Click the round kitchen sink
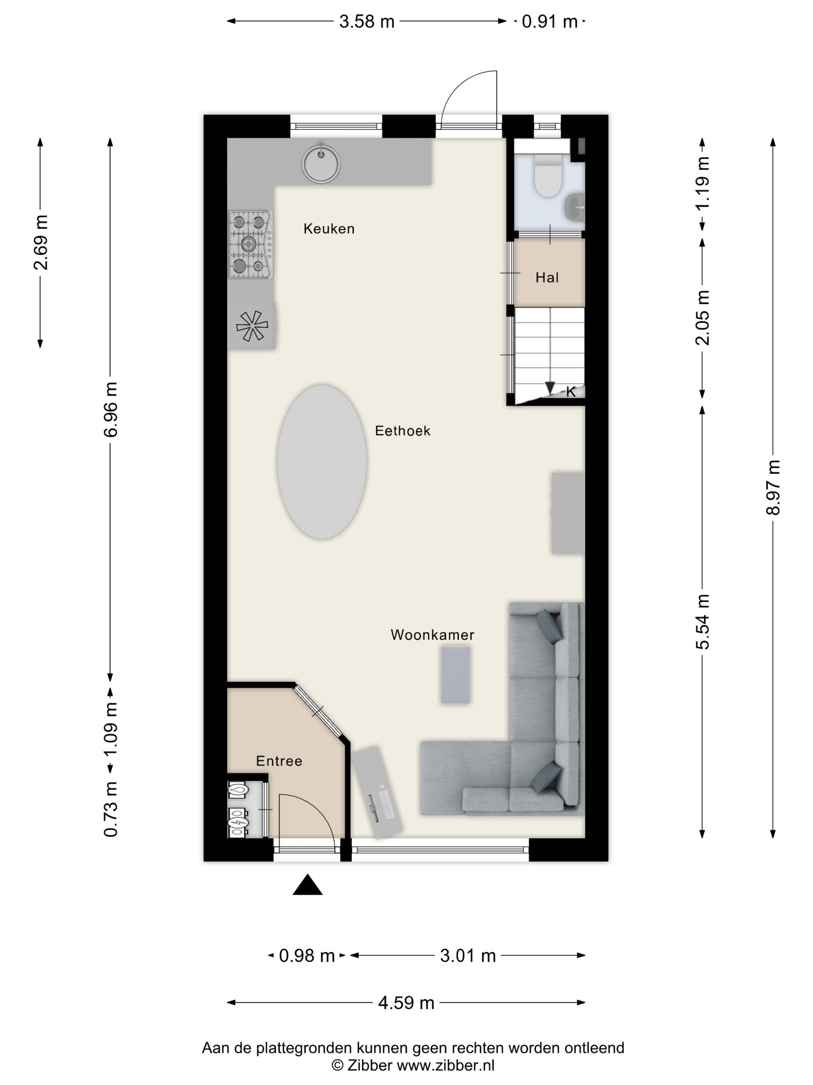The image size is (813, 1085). [x=321, y=161]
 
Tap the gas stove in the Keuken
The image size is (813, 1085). [x=250, y=244]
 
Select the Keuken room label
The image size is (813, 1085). [x=329, y=229]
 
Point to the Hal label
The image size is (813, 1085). [x=547, y=277]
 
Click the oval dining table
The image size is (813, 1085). [x=322, y=462]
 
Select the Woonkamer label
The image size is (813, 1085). [x=432, y=635]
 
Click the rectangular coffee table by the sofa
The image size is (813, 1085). [x=455, y=675]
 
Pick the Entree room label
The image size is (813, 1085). [x=279, y=761]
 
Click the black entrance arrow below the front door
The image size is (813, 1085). [x=307, y=884]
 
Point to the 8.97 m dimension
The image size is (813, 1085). [x=773, y=487]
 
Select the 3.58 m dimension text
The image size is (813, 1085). [x=367, y=22]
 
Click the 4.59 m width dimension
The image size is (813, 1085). [x=406, y=1002]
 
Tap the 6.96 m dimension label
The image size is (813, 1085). [x=110, y=409]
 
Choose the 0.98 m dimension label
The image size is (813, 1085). [x=307, y=956]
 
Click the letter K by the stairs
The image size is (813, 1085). [x=570, y=392]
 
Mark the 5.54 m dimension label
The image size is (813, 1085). [x=702, y=622]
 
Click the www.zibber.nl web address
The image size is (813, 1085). [x=446, y=1065]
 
